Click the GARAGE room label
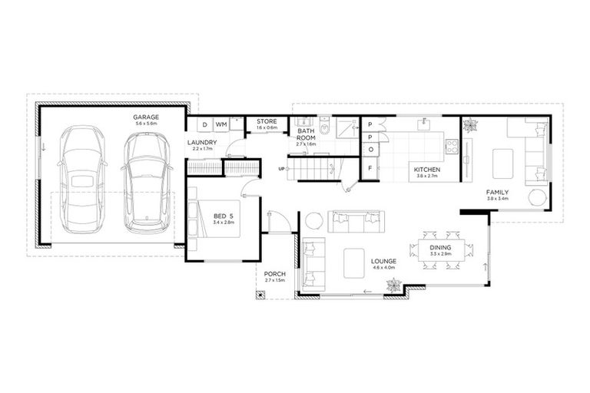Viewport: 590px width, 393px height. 145,117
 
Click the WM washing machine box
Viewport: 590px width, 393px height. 220,124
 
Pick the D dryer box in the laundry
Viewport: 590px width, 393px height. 205,124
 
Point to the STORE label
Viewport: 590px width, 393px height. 267,121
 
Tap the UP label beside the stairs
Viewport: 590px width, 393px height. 281,168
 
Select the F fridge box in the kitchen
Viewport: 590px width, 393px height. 370,169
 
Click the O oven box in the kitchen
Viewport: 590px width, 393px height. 370,149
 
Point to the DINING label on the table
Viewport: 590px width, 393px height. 440,247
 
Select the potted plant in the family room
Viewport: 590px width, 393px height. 470,125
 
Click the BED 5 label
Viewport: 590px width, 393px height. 224,216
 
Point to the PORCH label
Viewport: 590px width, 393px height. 274,274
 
